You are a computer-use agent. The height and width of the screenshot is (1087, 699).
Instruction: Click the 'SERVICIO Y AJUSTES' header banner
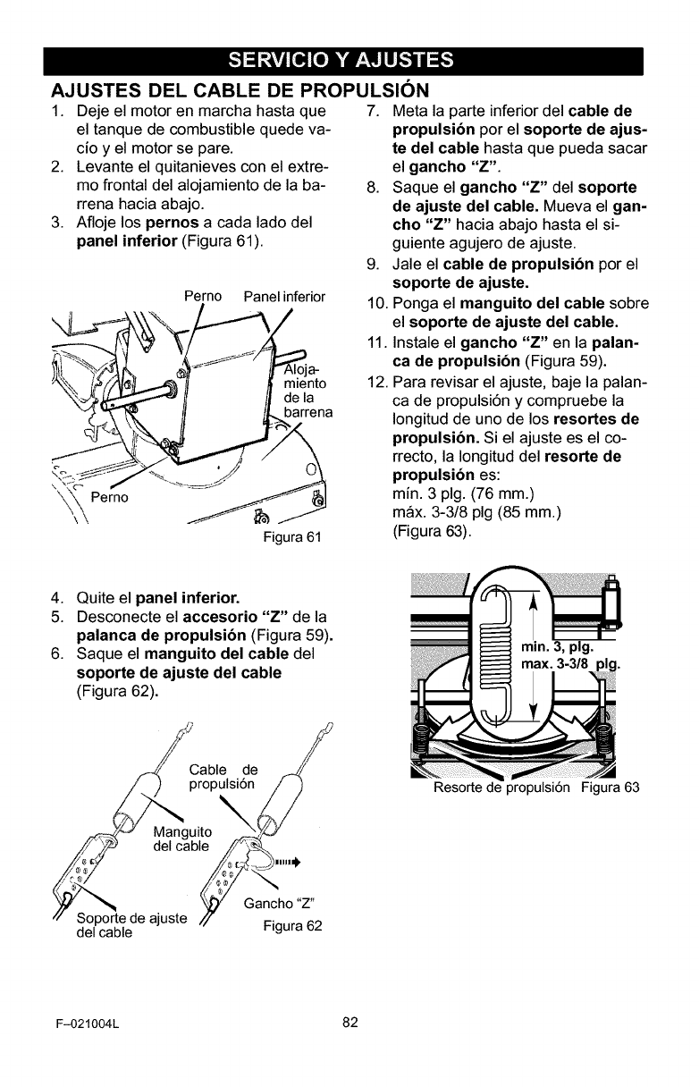pos(349,61)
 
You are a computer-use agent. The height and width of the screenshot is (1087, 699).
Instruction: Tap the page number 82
pos(349,1023)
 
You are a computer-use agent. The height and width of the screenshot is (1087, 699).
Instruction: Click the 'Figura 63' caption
pos(611,788)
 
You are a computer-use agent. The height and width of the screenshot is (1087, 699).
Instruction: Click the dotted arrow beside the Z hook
pos(284,863)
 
